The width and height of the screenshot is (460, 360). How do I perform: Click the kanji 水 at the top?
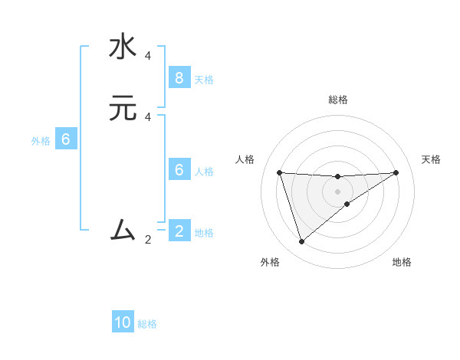(123, 47)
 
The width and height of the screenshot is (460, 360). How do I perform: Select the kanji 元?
(123, 109)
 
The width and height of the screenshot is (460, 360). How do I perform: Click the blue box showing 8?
(179, 77)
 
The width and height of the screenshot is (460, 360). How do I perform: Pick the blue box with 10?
(123, 322)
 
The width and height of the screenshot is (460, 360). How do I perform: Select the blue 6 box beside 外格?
(65, 139)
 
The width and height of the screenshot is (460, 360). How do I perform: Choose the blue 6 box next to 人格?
(179, 170)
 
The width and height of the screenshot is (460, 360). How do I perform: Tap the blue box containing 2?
(179, 231)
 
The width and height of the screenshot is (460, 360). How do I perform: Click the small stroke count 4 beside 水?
(148, 56)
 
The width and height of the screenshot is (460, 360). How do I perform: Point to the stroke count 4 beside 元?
(148, 117)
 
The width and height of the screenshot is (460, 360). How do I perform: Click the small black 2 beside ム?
(148, 240)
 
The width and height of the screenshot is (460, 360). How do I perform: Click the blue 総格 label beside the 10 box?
(147, 324)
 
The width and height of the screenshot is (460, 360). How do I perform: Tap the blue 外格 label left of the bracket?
(41, 141)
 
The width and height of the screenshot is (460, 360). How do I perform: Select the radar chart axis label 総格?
(337, 100)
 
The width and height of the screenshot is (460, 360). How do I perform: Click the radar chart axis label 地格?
(402, 262)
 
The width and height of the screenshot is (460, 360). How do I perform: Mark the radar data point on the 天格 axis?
(396, 172)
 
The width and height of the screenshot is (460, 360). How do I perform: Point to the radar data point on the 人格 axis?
(279, 172)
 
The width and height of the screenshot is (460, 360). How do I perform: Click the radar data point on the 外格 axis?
(301, 242)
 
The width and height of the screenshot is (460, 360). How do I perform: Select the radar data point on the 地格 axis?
(347, 204)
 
